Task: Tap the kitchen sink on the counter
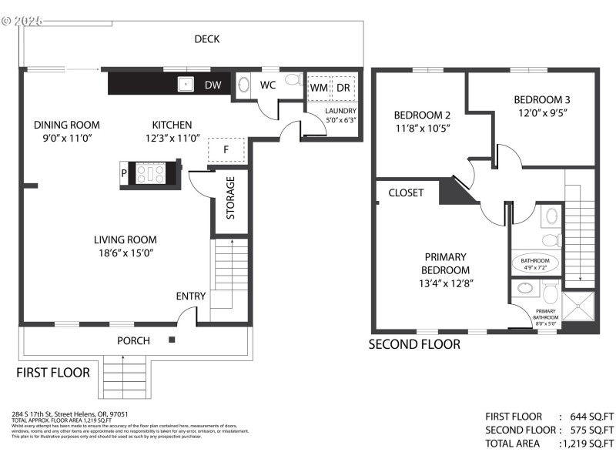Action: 186,84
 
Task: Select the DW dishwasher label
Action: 213,85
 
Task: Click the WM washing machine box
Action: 318,88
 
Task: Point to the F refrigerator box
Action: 226,149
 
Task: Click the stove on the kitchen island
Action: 151,173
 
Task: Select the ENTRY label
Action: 190,296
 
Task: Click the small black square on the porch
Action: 172,340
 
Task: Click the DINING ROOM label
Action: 67,125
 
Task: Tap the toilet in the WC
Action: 293,81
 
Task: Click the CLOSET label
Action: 406,192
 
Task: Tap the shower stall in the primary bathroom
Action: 579,306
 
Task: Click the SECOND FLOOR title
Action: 414,344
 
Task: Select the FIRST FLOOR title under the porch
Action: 53,372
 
